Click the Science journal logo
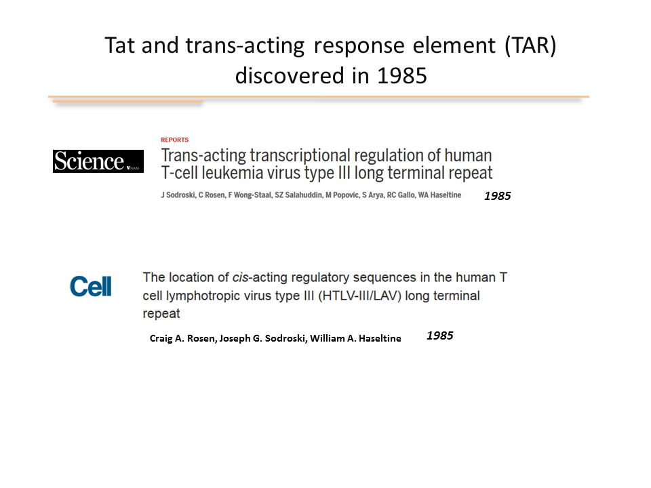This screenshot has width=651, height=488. [98, 161]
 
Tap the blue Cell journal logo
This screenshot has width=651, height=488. [90, 286]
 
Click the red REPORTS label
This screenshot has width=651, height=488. [175, 140]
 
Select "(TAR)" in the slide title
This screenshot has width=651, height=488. [530, 45]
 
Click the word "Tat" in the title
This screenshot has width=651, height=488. [119, 45]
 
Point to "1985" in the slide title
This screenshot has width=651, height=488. [402, 76]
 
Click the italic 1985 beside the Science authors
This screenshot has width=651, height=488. [497, 196]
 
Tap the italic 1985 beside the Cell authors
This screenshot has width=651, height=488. [440, 335]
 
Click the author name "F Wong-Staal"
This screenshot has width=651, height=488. [250, 195]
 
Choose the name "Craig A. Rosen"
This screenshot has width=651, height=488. [183, 339]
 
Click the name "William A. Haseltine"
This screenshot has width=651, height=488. [355, 339]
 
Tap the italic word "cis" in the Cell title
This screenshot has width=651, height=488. [241, 277]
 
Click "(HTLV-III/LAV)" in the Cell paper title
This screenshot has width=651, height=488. [359, 296]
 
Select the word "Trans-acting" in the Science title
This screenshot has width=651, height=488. [204, 156]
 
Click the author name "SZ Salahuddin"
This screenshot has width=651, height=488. [298, 195]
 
